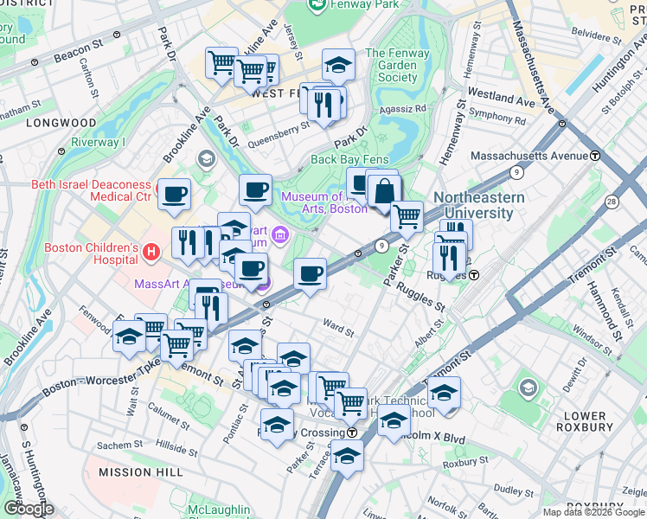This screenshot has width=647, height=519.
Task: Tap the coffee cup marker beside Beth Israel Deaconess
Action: point(173,195)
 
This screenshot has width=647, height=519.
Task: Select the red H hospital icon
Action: point(152,253)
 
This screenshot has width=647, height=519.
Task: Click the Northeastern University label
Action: point(478,205)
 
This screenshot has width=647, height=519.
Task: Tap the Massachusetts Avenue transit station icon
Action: point(595,156)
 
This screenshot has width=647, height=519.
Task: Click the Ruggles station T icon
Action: point(474,275)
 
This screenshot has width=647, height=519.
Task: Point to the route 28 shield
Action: point(612,201)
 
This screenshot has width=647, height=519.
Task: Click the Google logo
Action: point(29,508)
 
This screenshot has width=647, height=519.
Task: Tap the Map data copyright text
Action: point(593,512)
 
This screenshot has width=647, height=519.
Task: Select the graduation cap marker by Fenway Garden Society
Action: point(338,65)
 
